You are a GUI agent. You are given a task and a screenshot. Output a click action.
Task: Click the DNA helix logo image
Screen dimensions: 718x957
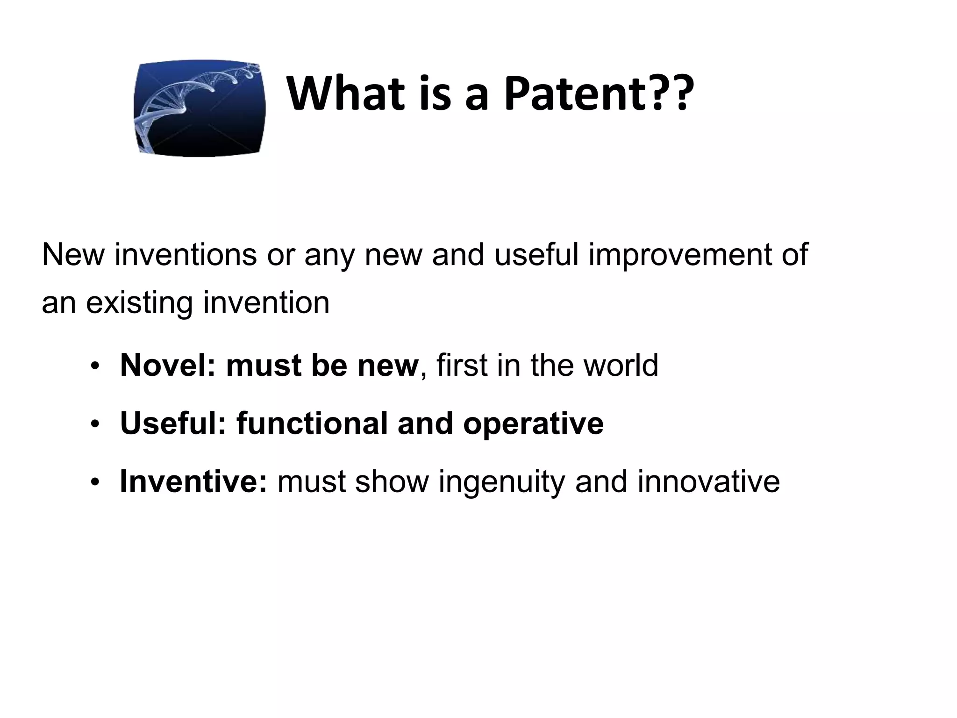pos(200,108)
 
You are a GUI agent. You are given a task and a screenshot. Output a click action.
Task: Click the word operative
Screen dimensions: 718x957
pos(533,424)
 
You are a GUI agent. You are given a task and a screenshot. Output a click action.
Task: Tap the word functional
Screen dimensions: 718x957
pos(312,424)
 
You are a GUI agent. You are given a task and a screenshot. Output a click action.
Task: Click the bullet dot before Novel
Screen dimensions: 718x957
pos(95,367)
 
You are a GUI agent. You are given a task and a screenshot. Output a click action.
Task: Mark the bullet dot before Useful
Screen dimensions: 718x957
pos(95,425)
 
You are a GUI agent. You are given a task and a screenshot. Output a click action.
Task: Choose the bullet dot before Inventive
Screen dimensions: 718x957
pos(95,483)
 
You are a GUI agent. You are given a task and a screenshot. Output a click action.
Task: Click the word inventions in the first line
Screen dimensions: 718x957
pos(186,255)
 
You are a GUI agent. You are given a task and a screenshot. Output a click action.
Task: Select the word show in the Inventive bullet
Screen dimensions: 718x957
pos(392,481)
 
